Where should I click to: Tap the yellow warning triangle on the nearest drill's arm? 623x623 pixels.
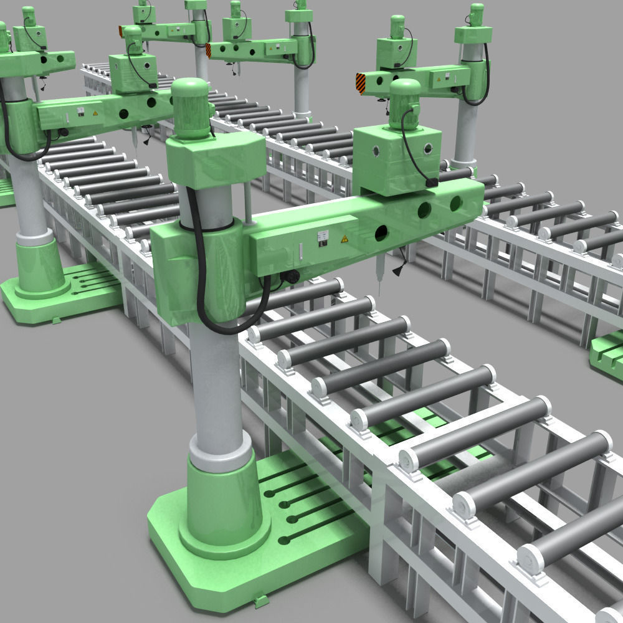point(344,239)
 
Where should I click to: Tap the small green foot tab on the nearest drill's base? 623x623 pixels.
point(261,601)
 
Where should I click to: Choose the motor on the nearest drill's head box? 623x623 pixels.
point(404,103)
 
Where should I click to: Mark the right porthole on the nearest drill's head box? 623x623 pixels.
point(428,149)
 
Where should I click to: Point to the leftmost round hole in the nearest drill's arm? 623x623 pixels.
point(381,234)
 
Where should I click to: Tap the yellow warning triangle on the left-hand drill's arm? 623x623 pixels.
point(95,113)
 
